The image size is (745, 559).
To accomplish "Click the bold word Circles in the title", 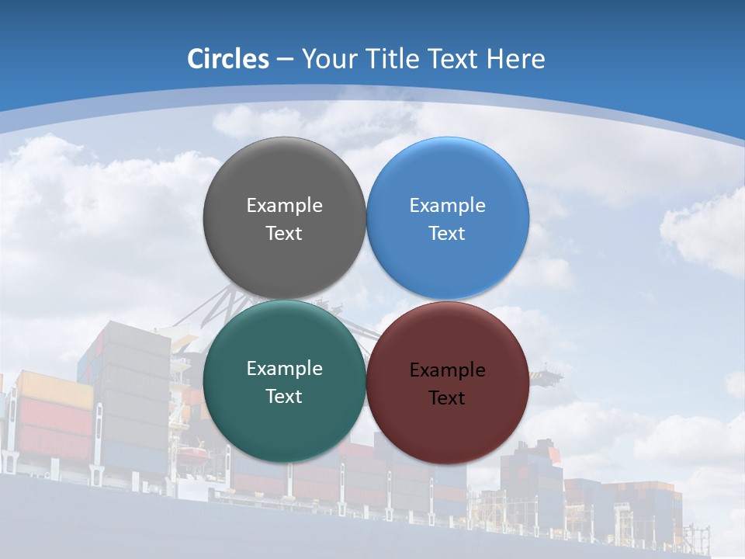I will (227, 59).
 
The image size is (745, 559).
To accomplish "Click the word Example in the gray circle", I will (284, 206).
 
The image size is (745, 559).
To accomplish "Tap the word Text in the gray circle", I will (284, 234).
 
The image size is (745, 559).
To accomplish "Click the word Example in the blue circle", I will (447, 206).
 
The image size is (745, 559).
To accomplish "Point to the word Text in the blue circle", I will (447, 234).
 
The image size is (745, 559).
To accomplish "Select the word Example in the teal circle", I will (284, 369).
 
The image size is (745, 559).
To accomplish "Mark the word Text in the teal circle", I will (284, 397).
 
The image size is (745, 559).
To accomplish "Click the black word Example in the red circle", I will (447, 370).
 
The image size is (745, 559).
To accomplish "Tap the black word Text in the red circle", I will (447, 398).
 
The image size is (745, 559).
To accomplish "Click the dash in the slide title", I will (284, 60).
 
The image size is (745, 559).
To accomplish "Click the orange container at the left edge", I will (54, 388).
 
